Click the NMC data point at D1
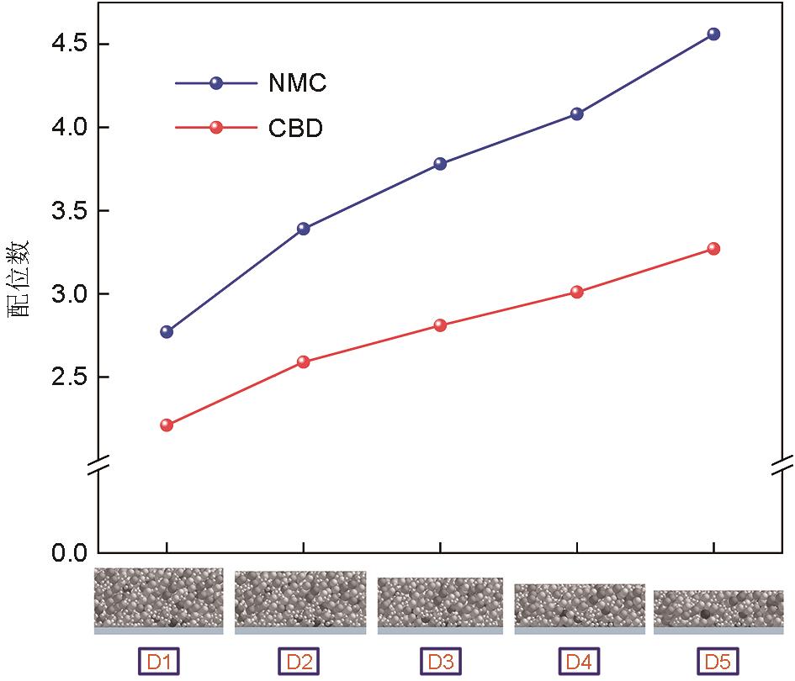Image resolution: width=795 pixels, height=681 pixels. click(167, 331)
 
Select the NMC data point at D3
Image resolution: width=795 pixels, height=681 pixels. click(440, 164)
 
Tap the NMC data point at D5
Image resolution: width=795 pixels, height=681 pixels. click(713, 34)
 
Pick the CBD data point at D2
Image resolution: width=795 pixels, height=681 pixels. click(304, 362)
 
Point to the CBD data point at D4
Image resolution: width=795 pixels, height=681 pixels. click(577, 292)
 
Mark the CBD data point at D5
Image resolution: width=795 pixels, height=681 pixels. click(713, 249)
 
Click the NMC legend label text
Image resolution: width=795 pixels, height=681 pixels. click(297, 83)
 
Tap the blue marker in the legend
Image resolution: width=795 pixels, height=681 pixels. click(216, 83)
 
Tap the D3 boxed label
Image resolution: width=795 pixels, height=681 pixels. click(440, 662)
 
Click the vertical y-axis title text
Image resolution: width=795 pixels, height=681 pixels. click(19, 277)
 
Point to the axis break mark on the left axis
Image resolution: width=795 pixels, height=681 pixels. click(99, 465)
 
